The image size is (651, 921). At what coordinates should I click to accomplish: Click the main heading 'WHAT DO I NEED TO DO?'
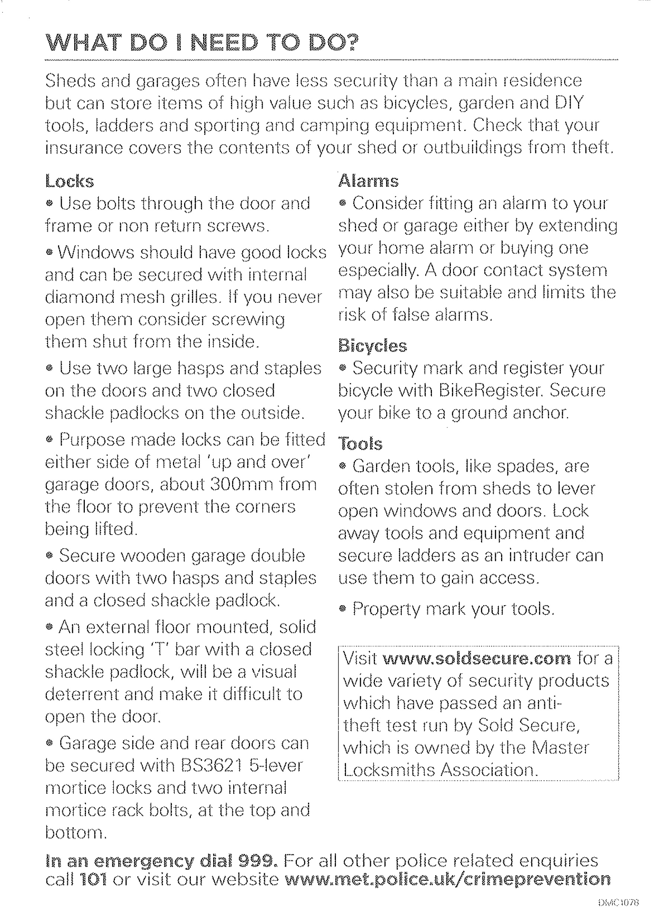coord(202,43)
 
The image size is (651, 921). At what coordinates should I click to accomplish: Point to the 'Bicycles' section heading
coord(372,346)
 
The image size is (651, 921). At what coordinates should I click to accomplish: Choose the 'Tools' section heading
coord(360,444)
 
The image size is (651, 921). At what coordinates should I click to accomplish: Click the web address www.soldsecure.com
coord(477,659)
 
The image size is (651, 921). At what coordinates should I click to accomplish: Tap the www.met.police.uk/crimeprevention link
coord(447,879)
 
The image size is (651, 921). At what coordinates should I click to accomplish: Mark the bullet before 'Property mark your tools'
coord(342,609)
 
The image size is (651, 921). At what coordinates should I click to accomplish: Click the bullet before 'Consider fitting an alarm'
coord(342,204)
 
